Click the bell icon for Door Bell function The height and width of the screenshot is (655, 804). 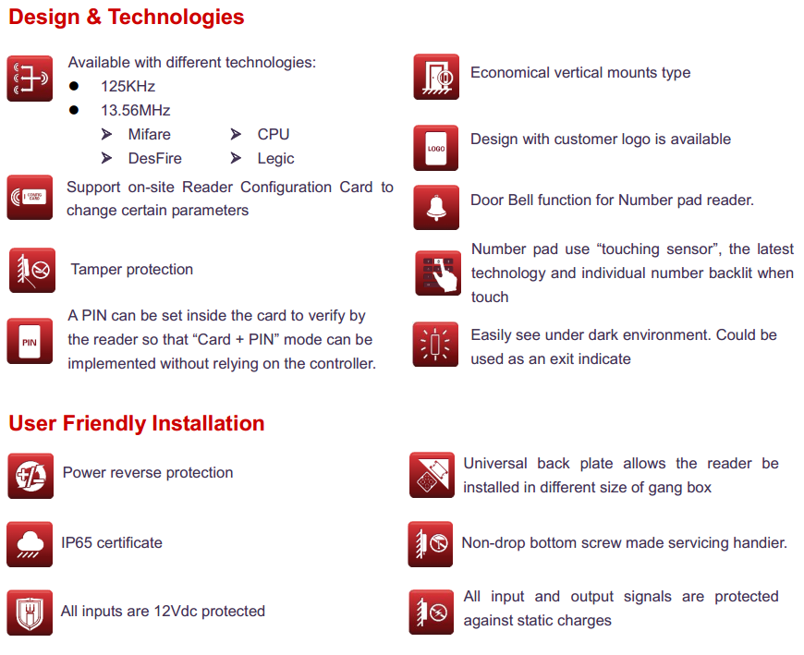pyautogui.click(x=436, y=208)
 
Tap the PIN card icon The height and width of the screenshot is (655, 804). pyautogui.click(x=30, y=341)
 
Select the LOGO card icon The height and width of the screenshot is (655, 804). pyautogui.click(x=436, y=148)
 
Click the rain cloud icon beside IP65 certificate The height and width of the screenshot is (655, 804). pyautogui.click(x=30, y=544)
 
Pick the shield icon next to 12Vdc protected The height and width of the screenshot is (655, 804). pyautogui.click(x=30, y=613)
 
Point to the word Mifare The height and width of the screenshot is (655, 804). pyautogui.click(x=149, y=134)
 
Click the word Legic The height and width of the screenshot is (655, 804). pyautogui.click(x=276, y=158)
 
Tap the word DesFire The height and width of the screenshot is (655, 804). pyautogui.click(x=155, y=158)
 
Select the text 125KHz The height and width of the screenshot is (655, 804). pyautogui.click(x=128, y=86)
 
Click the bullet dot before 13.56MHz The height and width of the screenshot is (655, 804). pyautogui.click(x=74, y=110)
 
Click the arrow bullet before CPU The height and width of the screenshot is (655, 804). pyautogui.click(x=236, y=134)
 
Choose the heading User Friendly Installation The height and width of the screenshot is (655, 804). pyautogui.click(x=137, y=423)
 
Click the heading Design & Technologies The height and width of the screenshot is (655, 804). pyautogui.click(x=126, y=17)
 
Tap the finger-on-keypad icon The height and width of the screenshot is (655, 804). pyautogui.click(x=438, y=273)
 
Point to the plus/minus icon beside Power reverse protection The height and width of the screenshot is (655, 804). pyautogui.click(x=30, y=476)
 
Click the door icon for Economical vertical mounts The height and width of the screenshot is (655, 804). pyautogui.click(x=436, y=77)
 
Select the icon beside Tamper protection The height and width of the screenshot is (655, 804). pyautogui.click(x=32, y=270)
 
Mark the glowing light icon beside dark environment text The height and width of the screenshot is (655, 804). pyautogui.click(x=435, y=345)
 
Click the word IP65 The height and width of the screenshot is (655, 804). pyautogui.click(x=77, y=543)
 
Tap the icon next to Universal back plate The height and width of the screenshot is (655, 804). pyautogui.click(x=432, y=475)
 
